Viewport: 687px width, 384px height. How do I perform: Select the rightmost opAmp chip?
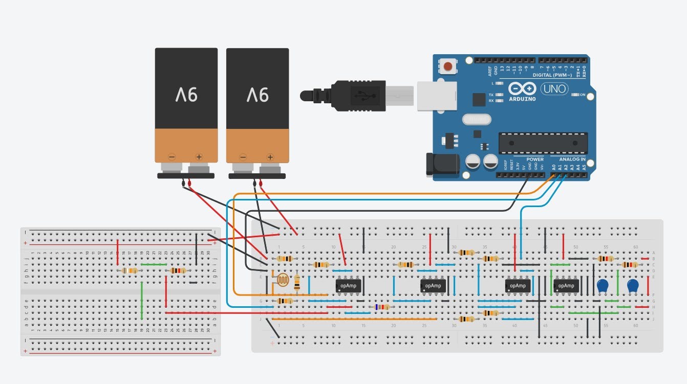pos(566,286)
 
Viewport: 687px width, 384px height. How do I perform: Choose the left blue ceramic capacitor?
pos(603,286)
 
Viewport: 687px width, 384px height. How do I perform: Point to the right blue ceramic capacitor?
pos(633,286)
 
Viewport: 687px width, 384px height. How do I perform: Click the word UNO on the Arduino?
pos(554,88)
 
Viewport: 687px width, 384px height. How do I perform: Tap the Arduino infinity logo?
pos(522,89)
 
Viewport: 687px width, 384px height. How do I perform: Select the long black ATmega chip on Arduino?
pos(543,143)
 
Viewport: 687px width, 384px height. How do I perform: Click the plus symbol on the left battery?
pos(199,156)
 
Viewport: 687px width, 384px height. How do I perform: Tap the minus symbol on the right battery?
pos(243,156)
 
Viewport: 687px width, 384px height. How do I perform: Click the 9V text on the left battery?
pos(186,95)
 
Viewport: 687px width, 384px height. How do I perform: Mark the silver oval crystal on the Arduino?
pos(476,119)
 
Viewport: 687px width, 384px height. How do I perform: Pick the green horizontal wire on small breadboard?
pos(154,264)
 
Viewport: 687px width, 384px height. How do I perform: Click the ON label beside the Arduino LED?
pos(582,95)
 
